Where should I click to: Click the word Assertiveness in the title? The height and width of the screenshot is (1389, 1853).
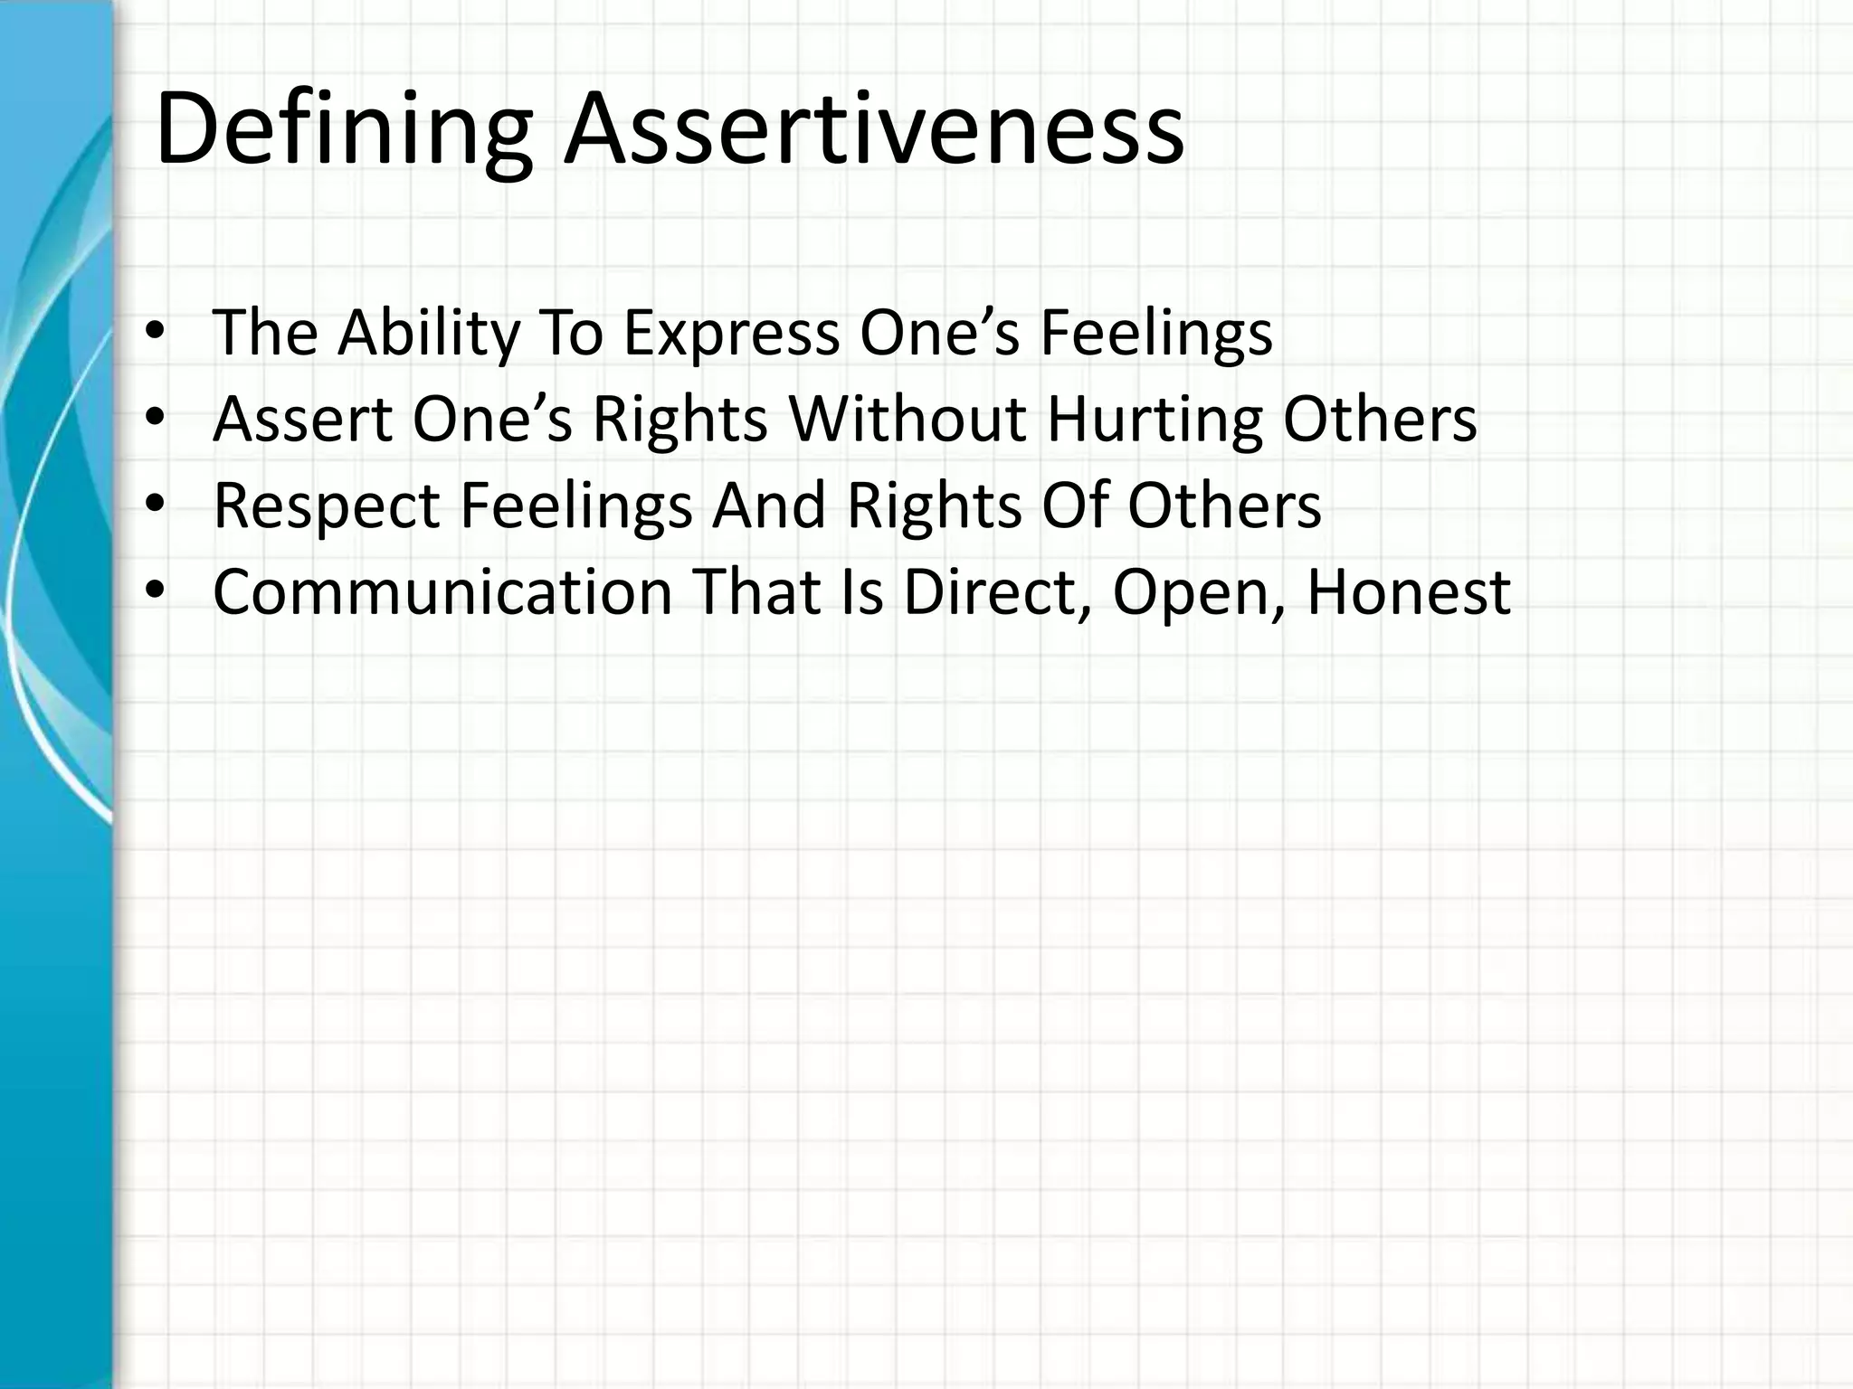click(873, 131)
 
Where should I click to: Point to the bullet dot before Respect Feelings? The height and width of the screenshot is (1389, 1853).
click(155, 504)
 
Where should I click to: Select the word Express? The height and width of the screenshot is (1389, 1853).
click(731, 334)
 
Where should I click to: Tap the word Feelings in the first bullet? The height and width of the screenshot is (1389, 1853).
click(1155, 334)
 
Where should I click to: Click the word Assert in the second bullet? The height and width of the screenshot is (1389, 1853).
click(302, 420)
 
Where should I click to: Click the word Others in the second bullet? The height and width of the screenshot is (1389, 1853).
click(1380, 420)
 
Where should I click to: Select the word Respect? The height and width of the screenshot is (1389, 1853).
click(326, 506)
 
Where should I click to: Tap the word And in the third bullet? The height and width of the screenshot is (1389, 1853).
click(769, 506)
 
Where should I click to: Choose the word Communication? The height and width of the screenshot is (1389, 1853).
click(442, 592)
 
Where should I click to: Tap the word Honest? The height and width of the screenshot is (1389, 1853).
click(1408, 592)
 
